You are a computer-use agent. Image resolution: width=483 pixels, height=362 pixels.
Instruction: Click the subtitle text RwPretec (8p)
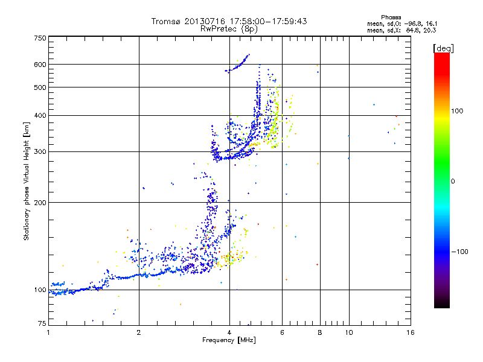click(x=229, y=28)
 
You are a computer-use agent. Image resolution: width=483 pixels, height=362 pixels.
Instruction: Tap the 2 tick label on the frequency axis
click(x=139, y=332)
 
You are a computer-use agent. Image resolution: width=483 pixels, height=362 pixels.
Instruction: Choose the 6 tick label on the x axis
click(x=282, y=332)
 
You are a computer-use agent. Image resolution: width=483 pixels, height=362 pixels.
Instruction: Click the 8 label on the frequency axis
click(x=320, y=332)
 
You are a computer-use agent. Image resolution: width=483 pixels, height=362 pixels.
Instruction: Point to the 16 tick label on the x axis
click(x=410, y=332)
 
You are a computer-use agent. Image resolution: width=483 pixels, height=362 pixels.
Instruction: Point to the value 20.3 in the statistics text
click(x=430, y=29)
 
